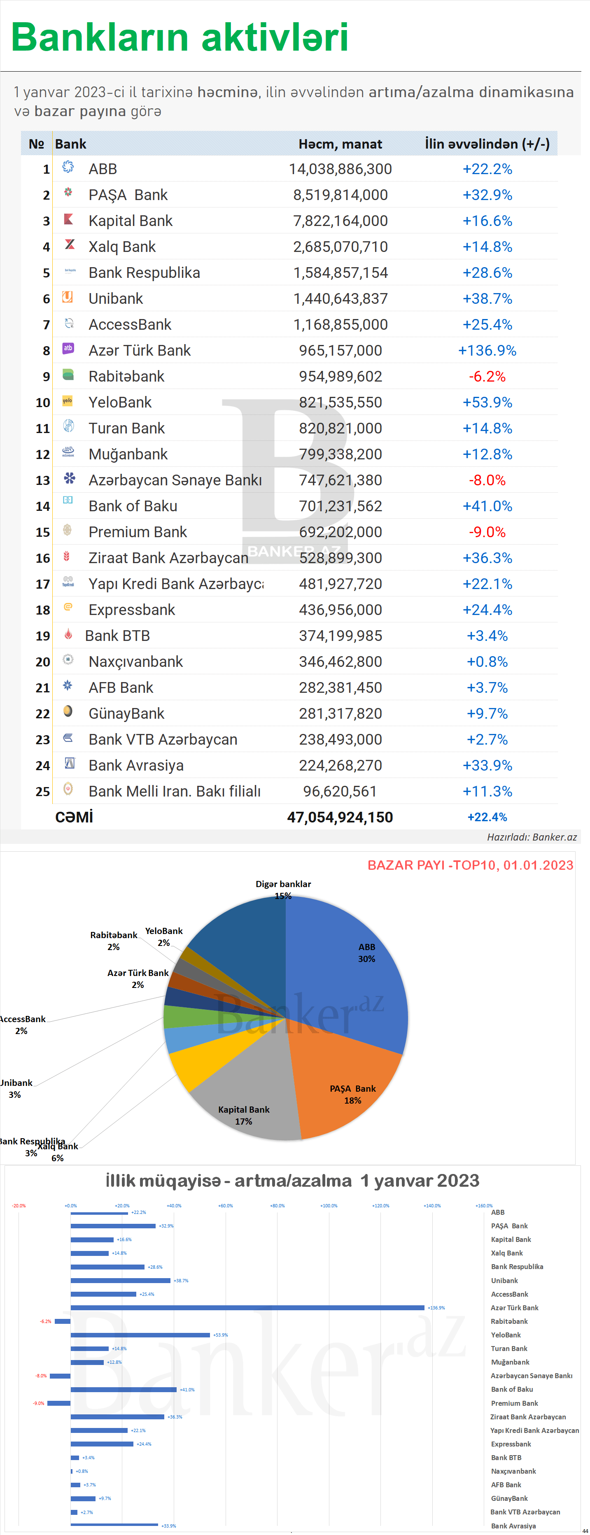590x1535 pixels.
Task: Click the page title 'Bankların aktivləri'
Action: pyautogui.click(x=180, y=37)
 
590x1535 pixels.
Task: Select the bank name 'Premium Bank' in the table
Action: pyautogui.click(x=137, y=532)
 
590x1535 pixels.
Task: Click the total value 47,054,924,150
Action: pyautogui.click(x=340, y=817)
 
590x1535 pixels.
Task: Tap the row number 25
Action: pyautogui.click(x=43, y=791)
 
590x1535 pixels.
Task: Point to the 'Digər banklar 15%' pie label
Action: pyautogui.click(x=283, y=890)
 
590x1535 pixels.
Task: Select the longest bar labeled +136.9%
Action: pyautogui.click(x=247, y=1307)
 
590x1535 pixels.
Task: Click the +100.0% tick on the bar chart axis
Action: pyautogui.click(x=329, y=1205)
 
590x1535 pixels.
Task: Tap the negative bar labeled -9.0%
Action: pyautogui.click(x=58, y=1403)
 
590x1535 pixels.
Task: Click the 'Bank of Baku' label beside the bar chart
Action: pyautogui.click(x=511, y=1389)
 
